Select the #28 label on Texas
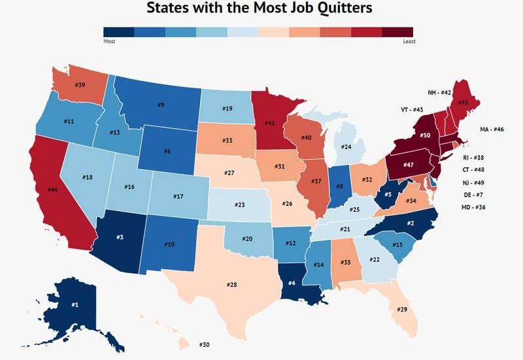231,285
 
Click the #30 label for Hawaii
205,344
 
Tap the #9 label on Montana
160,105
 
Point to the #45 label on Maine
464,102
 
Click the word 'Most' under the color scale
109,41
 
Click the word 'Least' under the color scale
409,41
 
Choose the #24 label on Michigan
346,147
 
